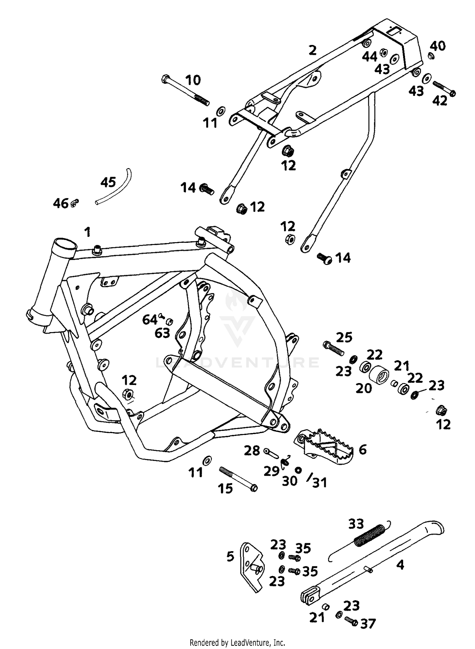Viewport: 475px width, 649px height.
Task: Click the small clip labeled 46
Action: point(75,203)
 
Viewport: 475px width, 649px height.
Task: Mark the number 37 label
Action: point(368,623)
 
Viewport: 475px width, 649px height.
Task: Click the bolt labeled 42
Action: point(443,88)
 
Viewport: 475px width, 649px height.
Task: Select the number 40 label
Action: point(438,46)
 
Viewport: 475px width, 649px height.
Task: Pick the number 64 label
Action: point(149,320)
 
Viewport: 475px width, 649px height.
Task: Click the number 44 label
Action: point(370,57)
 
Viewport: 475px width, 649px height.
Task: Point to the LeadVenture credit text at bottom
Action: point(237,643)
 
